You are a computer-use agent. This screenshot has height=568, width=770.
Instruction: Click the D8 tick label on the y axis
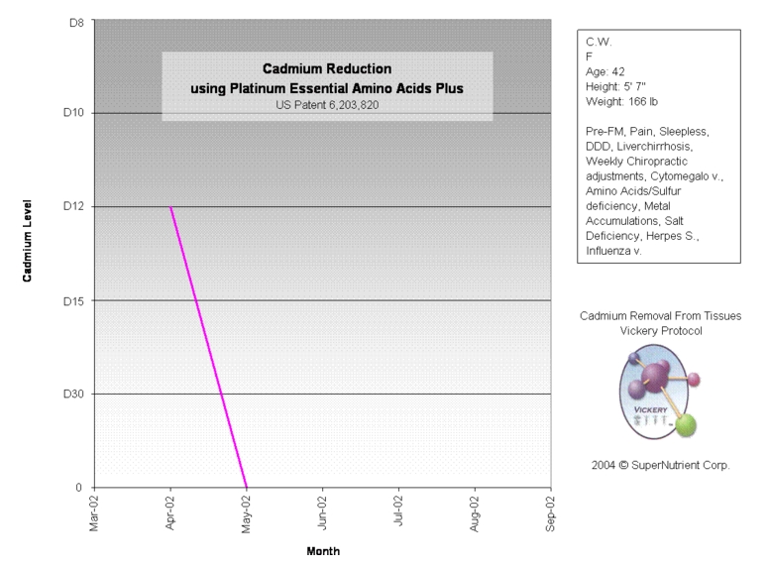click(x=75, y=19)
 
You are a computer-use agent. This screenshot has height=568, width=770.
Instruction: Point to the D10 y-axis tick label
click(x=72, y=113)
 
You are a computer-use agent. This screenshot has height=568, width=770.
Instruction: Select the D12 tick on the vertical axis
click(x=72, y=206)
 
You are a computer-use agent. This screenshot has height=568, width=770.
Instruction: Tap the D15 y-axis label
click(x=72, y=300)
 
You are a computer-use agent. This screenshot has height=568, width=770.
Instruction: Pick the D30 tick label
click(x=72, y=394)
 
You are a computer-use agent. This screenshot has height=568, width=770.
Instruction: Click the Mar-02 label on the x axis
click(x=94, y=514)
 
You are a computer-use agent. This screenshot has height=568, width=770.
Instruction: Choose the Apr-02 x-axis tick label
click(x=170, y=514)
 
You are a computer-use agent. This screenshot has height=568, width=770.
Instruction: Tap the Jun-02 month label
click(x=323, y=514)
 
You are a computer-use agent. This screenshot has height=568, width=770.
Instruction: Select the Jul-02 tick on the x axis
click(x=399, y=514)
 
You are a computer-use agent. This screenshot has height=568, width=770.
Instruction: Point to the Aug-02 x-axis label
click(x=476, y=514)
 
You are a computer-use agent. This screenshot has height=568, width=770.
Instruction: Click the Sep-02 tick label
click(x=552, y=514)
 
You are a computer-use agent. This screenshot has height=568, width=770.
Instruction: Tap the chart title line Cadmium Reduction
click(x=327, y=69)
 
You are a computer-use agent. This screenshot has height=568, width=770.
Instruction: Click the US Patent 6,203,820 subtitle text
click(x=327, y=104)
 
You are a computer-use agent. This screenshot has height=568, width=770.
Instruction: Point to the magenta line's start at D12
click(x=170, y=207)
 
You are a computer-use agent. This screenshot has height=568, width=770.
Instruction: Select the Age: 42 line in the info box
click(x=606, y=71)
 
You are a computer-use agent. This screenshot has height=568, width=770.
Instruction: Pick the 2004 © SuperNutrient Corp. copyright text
click(x=660, y=464)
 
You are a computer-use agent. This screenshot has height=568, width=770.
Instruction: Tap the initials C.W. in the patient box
click(x=599, y=43)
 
